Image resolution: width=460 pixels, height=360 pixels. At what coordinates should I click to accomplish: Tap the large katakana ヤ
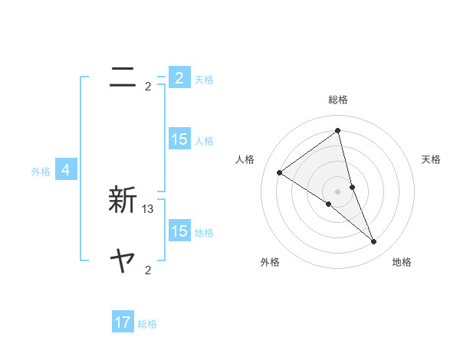123,262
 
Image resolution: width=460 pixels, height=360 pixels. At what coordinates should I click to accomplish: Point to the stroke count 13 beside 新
148,208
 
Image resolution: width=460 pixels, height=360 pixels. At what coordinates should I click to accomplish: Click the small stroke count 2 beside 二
148,87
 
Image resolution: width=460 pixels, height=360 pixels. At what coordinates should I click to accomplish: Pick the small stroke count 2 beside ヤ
148,270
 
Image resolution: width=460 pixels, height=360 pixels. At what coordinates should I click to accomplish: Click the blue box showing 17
123,322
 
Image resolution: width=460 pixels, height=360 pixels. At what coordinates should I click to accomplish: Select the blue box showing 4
66,170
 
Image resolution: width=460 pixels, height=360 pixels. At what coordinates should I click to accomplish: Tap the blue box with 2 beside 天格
179,77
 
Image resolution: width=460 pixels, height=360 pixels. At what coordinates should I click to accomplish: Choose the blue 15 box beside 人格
179,139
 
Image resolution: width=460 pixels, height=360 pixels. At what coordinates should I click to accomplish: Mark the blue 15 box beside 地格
179,231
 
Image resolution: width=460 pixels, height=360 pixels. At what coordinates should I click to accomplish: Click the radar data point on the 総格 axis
337,130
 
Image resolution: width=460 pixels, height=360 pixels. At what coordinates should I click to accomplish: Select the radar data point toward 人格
279,172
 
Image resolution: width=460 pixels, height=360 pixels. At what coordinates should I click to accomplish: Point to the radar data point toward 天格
352,187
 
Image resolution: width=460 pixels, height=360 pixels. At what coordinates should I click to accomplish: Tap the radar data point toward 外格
328,204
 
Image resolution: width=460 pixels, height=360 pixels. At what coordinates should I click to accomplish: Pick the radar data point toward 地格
374,242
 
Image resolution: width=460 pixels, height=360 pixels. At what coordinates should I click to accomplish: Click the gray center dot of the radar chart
337,191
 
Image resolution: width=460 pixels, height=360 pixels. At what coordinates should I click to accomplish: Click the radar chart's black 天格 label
431,159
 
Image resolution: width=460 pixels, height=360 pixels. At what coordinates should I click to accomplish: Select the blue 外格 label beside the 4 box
41,172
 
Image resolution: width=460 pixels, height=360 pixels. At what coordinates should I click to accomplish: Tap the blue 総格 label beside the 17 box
147,324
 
